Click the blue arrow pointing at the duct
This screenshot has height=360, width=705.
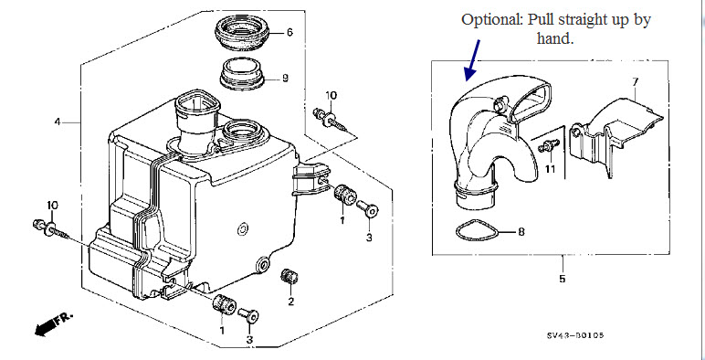point(472,60)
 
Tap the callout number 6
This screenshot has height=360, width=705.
point(289,32)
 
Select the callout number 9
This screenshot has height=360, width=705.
point(285,79)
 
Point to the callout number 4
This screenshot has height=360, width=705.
point(58,122)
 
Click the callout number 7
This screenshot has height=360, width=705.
point(635,82)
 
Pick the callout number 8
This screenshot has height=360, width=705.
point(521,232)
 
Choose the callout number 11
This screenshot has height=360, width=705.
point(551,169)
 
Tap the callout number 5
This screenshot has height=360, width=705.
point(562,279)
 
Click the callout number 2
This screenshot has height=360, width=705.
point(291,301)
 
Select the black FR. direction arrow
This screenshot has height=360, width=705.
point(54,324)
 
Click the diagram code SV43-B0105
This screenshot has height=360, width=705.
point(575,335)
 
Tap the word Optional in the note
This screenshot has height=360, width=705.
point(491,20)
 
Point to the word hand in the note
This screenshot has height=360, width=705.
point(553,37)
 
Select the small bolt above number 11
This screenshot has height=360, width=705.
point(549,145)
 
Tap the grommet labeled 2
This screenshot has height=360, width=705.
point(289,276)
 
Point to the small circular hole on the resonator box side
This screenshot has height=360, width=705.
point(242,229)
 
